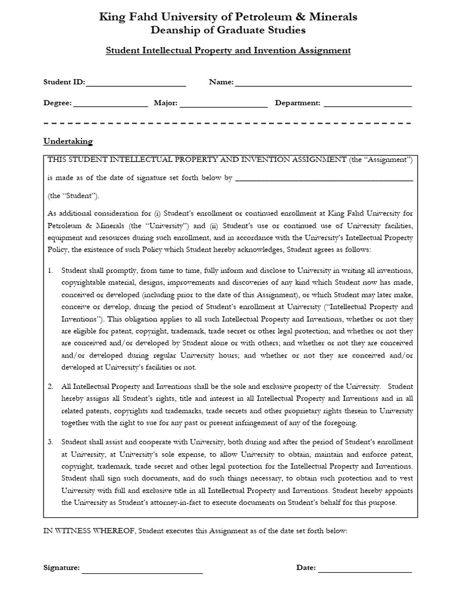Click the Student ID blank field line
136,86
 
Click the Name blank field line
323,86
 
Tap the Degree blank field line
110,106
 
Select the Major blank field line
223,106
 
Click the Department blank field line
367,106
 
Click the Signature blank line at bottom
142,572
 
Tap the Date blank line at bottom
365,572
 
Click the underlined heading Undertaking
68,142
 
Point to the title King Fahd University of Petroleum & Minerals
228,17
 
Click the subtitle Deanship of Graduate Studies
228,30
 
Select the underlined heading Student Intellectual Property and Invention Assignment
228,51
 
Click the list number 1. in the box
51,270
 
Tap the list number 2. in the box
51,387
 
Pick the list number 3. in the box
51,442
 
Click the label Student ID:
64,82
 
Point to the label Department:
298,103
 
